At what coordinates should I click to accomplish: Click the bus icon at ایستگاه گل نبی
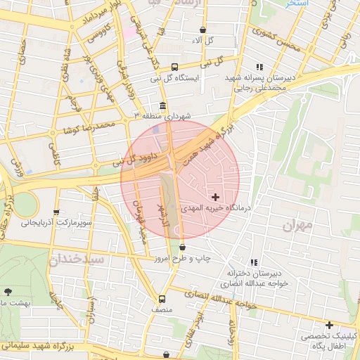[x=174, y=67]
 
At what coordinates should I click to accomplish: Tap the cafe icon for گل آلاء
[x=203, y=30]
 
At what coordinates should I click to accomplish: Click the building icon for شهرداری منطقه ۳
[x=163, y=107]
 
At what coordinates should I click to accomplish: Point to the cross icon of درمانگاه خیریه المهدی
[x=215, y=197]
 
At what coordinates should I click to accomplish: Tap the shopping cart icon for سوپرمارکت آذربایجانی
[x=57, y=212]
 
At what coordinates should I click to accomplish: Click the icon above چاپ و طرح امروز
[x=183, y=247]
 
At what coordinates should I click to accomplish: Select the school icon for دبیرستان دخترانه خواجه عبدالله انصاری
[x=254, y=262]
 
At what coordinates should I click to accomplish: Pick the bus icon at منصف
[x=162, y=298]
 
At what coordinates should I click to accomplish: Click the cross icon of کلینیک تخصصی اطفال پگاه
[x=329, y=325]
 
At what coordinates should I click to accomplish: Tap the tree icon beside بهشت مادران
[x=8, y=291]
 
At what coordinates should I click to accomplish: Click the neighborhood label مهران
[x=297, y=226]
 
